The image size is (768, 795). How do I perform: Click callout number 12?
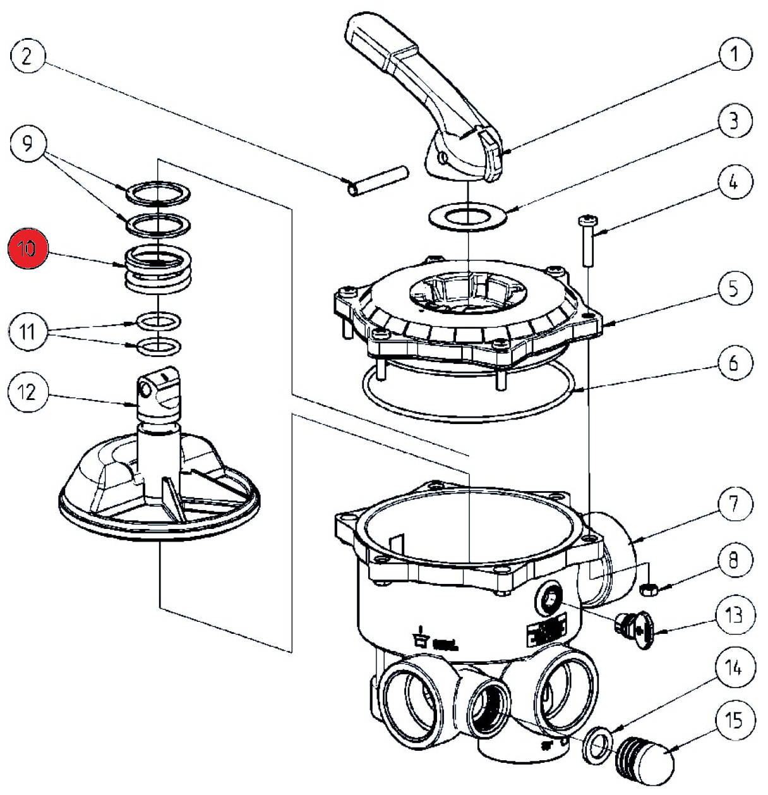pos(28,392)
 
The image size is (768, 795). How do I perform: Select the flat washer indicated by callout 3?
pos(468,217)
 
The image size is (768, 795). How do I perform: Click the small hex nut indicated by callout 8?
pos(648,589)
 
